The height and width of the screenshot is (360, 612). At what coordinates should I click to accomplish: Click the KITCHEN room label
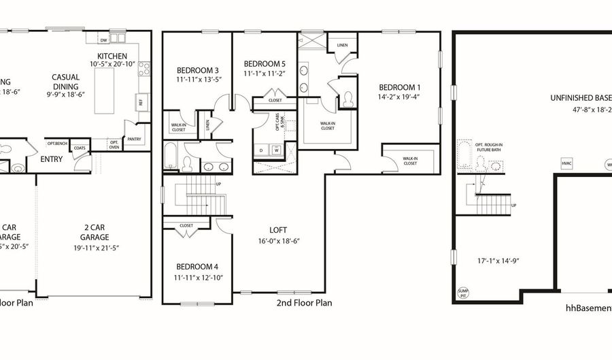point(112,56)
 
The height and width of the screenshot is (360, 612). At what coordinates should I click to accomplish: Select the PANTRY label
point(135,139)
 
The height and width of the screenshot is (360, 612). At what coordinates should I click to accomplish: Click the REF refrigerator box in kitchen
point(139,101)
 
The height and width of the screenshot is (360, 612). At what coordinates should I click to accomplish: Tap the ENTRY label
point(52,159)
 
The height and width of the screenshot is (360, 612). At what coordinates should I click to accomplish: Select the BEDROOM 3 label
point(197,70)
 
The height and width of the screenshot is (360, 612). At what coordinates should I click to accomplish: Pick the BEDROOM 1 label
point(400,87)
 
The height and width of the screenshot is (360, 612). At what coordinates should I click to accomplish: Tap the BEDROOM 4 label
point(197,267)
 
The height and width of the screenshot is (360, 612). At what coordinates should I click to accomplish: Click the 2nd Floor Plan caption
point(304,303)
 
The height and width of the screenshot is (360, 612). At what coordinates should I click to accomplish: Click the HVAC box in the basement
point(566,163)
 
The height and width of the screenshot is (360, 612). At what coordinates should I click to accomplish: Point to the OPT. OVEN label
point(114,145)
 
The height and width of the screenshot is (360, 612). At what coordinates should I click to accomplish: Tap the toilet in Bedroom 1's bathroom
point(347,99)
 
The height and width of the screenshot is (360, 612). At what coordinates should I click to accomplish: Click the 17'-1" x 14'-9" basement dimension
point(497,259)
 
